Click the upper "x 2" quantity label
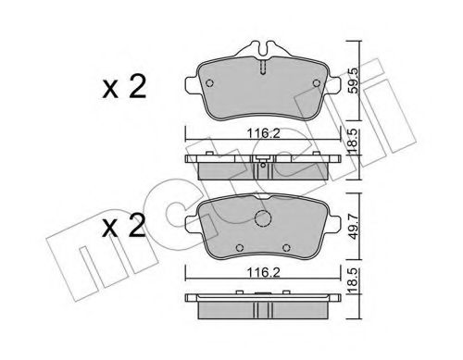click(x=126, y=91)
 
